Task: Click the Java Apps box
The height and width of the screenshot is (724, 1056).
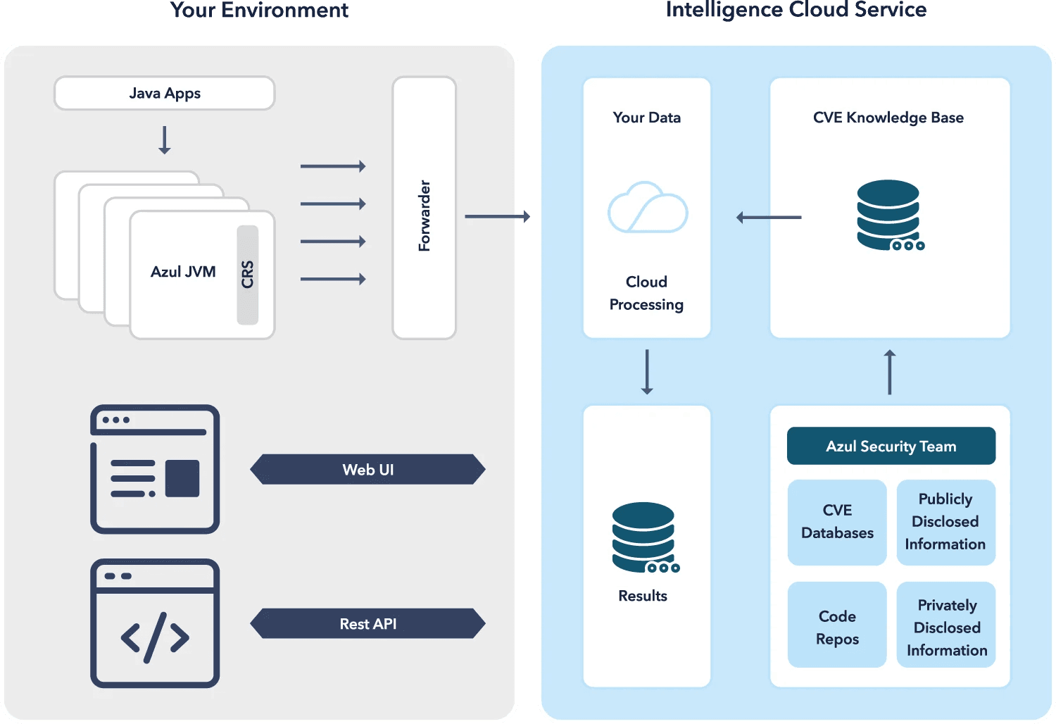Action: pos(164,93)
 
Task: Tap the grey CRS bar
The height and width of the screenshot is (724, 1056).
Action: pos(247,275)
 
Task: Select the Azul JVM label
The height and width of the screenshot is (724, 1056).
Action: pos(183,272)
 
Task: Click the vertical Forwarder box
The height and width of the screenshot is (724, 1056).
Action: pos(424,208)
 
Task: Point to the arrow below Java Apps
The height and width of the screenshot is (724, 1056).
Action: pos(164,139)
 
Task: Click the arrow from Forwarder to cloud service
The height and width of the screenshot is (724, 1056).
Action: pos(497,216)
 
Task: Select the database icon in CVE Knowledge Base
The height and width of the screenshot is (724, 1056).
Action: pos(889,215)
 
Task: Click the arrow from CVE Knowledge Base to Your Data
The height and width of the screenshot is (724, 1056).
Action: pos(769,218)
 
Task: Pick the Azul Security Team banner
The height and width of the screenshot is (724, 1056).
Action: pos(891,446)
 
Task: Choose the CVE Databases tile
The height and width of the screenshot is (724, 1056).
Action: pos(837,522)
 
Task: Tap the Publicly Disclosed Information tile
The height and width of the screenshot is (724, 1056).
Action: pos(945,522)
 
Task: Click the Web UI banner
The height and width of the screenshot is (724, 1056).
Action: pos(367,469)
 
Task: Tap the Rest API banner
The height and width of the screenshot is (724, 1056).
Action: pos(367,623)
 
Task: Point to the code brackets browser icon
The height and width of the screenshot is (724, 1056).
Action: pos(155,623)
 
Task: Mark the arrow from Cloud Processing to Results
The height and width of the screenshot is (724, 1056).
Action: pos(647,371)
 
